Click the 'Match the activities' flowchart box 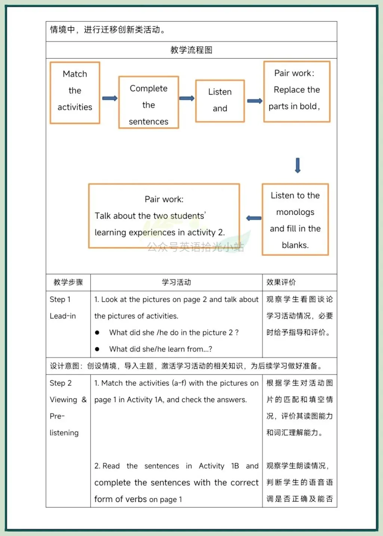pos(75,93)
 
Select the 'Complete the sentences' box pos(148,102)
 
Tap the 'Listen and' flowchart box pos(220,101)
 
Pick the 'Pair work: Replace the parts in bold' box pos(297,92)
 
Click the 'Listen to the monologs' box pos(295,219)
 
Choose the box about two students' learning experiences pos(164,216)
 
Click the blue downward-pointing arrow pos(298,165)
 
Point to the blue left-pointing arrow pos(254,218)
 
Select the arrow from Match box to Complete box pos(110,98)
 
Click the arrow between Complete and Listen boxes pos(187,98)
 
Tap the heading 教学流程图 pos(191,50)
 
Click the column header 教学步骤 pos(68,282)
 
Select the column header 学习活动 pos(176,282)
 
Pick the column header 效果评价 pos(281,282)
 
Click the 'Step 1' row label pos(60,299)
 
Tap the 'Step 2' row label pos(61,383)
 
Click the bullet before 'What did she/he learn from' pos(97,349)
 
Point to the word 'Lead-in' pos(63,316)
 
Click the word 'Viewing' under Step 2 pos(63,400)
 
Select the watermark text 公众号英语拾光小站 pos(195,247)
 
